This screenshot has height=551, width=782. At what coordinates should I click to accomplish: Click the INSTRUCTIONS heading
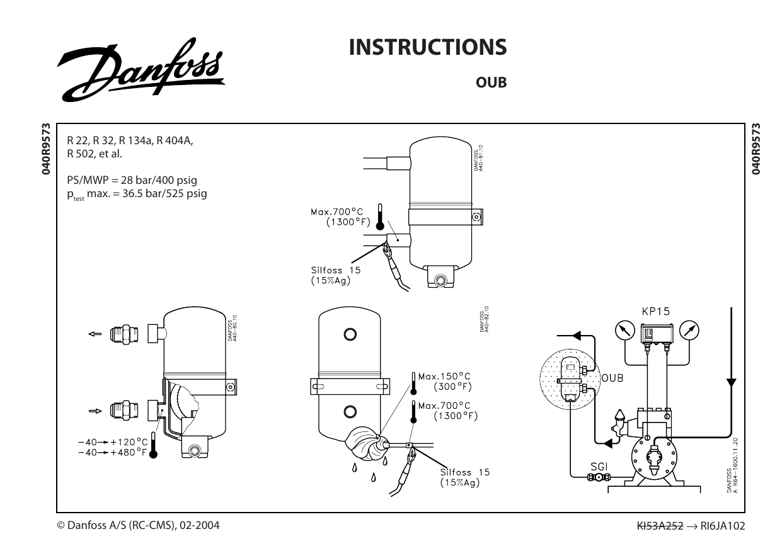[428, 47]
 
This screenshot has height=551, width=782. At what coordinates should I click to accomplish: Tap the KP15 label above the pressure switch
[655, 311]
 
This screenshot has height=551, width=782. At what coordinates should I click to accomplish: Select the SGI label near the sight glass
[597, 467]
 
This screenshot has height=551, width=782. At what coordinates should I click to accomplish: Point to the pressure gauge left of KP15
[624, 329]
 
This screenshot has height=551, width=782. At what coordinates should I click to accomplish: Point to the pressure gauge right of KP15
[691, 329]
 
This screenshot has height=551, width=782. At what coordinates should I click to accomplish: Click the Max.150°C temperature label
[444, 376]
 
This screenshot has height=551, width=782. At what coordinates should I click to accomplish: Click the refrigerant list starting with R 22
[129, 149]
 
